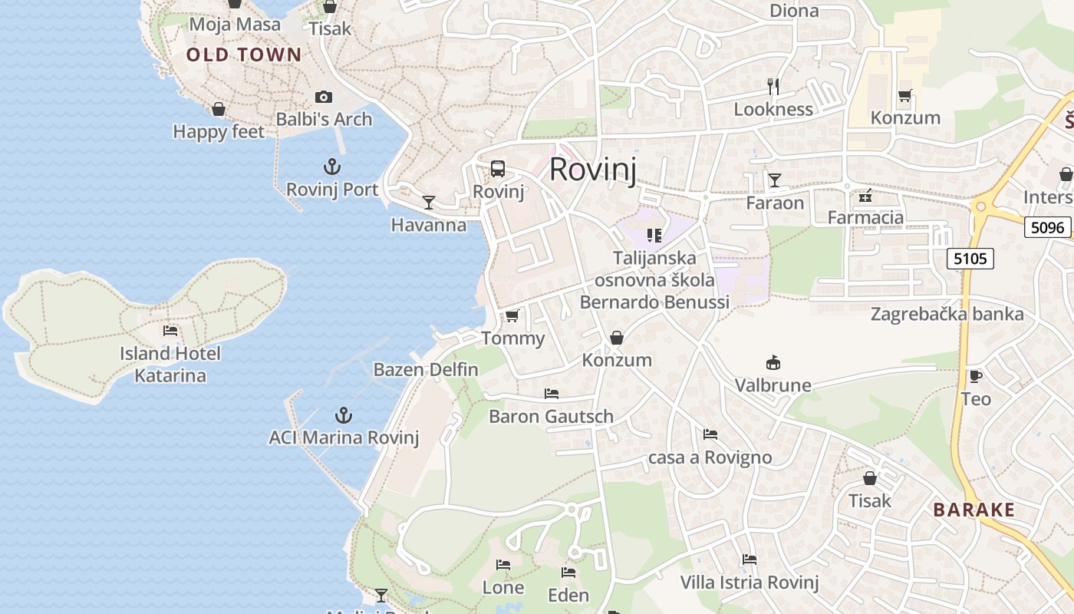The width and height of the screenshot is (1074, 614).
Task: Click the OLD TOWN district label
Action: pos(244,54)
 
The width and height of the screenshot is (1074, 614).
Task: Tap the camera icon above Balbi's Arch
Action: pos(324,97)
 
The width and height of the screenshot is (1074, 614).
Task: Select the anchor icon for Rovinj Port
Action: pos(332,167)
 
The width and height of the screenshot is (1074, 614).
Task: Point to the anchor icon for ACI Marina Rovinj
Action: pos(344,415)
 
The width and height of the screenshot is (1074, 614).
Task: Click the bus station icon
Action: pos(498,169)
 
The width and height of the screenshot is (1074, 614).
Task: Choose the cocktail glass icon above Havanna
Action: pos(429,202)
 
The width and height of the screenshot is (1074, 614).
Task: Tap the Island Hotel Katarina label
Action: pos(170,365)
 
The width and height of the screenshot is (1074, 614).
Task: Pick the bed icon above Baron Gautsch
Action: pos(551,394)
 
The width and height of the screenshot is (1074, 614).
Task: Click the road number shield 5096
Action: pos(1048,227)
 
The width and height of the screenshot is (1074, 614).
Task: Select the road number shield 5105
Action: pos(970,259)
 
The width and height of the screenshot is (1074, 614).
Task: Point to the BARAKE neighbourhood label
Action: pos(974,510)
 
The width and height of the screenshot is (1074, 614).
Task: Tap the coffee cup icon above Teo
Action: pos(975,376)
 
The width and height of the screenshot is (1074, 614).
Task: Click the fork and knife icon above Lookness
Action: pos(773,87)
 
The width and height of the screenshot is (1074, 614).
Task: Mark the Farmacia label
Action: pos(865,217)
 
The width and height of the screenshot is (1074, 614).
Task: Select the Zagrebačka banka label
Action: pos(947,314)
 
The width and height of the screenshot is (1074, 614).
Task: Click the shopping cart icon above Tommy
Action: pos(512,316)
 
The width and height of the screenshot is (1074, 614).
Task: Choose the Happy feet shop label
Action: pos(219,132)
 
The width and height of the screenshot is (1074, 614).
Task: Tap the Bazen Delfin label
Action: pos(426,369)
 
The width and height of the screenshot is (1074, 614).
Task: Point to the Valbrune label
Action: pos(773,385)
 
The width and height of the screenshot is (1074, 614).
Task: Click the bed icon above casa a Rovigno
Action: pos(710,434)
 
